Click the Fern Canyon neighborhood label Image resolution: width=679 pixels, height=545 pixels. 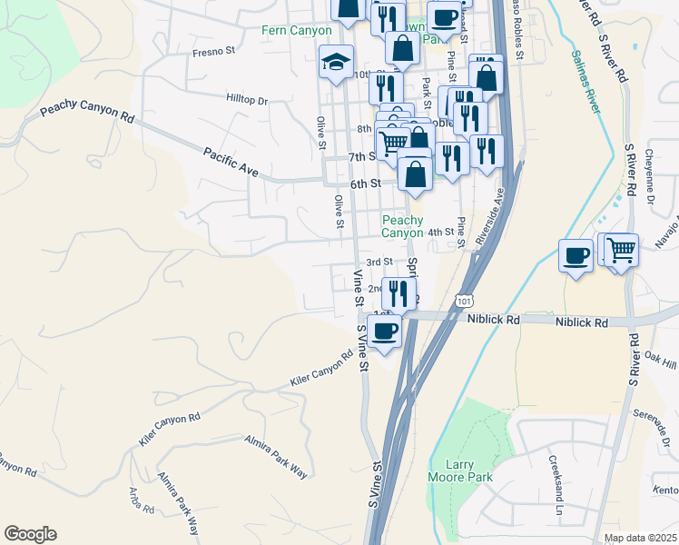298,31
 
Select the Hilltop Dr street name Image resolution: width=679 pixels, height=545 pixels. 247,100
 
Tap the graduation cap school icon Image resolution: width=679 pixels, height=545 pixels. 336,64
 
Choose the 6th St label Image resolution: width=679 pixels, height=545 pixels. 364,183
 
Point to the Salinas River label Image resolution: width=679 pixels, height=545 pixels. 586,83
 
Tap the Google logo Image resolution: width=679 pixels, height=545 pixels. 30,534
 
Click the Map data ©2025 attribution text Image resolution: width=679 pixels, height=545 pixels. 640,538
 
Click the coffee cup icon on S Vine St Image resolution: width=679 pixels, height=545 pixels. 385,330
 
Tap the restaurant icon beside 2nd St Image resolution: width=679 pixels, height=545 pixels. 398,293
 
